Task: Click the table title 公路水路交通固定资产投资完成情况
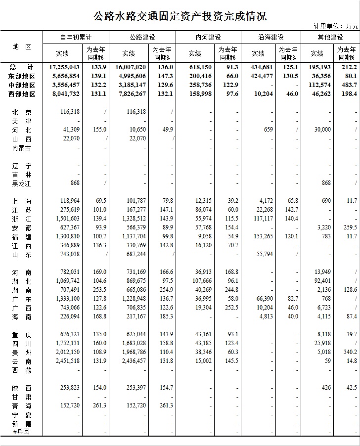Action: click(180, 16)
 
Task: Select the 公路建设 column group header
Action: click(142, 38)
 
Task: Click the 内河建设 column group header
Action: click(208, 38)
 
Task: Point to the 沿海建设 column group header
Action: click(271, 38)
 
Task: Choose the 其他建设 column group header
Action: click(330, 38)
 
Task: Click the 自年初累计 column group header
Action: click(76, 38)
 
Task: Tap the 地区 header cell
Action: click(22, 46)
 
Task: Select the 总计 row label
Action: click(22, 67)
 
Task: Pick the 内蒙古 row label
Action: click(22, 148)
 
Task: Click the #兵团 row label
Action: click(22, 433)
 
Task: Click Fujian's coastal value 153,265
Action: click(260, 236)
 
